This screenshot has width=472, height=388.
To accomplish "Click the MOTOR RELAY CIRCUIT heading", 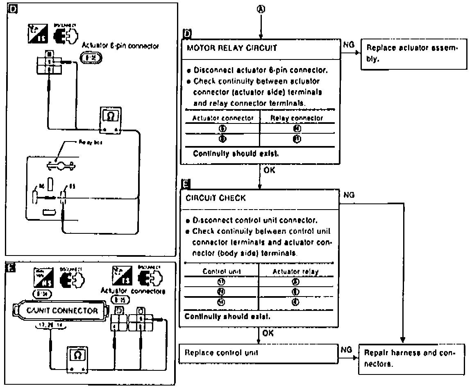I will pyautogui.click(x=231, y=48).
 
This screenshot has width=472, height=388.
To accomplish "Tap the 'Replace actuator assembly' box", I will pyautogui.click(x=414, y=53).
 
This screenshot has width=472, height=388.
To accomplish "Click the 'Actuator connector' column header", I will pyautogui.click(x=223, y=118).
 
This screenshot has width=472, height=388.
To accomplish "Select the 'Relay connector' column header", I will pyautogui.click(x=297, y=118).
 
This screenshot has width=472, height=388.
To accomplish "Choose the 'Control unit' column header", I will pyautogui.click(x=221, y=271).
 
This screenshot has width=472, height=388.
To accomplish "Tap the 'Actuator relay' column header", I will pyautogui.click(x=295, y=271).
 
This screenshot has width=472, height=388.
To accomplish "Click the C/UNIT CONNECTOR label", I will pyautogui.click(x=62, y=310).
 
